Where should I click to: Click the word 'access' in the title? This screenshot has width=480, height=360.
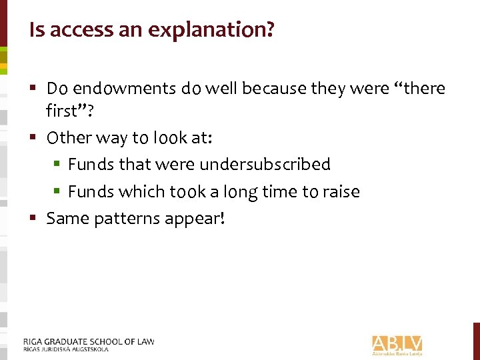point(73,30)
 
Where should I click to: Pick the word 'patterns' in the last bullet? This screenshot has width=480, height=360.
point(127,219)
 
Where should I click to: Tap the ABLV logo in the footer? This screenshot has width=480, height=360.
point(397,344)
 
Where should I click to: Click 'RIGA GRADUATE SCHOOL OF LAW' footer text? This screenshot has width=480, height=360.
point(89,341)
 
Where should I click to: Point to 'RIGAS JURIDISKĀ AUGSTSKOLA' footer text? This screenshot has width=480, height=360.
point(65,349)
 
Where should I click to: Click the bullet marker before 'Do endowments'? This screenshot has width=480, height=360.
point(33,89)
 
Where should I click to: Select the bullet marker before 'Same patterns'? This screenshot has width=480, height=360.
point(33,218)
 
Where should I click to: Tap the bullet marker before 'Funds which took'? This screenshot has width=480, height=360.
point(58,192)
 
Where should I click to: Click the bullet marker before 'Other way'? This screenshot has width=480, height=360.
point(33,138)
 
